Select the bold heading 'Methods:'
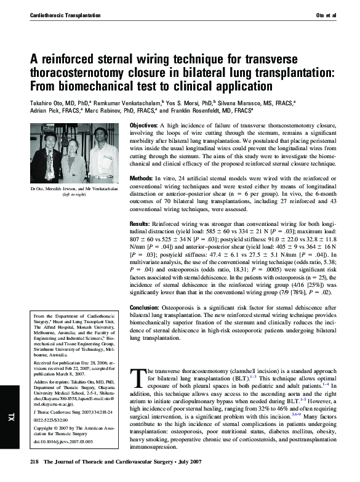point(143,177)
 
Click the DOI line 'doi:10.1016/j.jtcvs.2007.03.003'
point(63,442)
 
